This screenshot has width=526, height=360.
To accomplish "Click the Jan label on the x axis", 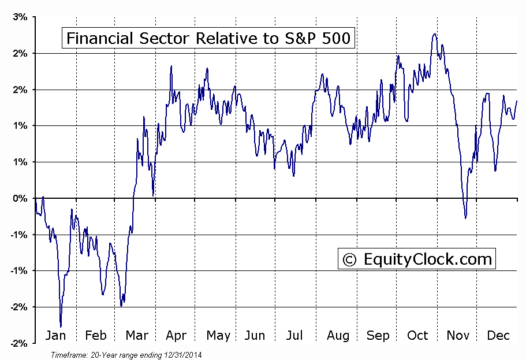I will (55, 336).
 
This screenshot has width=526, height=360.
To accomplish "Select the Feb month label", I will (96, 336).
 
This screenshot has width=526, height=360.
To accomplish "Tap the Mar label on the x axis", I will (136, 336).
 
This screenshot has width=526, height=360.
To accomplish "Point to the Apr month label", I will (177, 336).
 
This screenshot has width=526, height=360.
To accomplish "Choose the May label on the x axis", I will (218, 336).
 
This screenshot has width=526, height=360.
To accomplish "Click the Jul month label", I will (294, 336).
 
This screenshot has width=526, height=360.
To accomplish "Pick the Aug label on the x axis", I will (338, 336).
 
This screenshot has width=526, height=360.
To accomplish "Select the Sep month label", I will (378, 336).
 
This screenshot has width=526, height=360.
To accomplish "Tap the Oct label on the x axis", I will (417, 336).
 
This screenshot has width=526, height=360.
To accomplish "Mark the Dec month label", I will (498, 336).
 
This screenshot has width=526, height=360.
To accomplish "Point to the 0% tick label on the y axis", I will (20, 198).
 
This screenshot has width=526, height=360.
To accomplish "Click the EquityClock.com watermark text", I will (427, 259).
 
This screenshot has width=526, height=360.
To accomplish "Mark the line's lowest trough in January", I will (61, 326).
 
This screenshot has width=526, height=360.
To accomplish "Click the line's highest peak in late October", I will (434, 34).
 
